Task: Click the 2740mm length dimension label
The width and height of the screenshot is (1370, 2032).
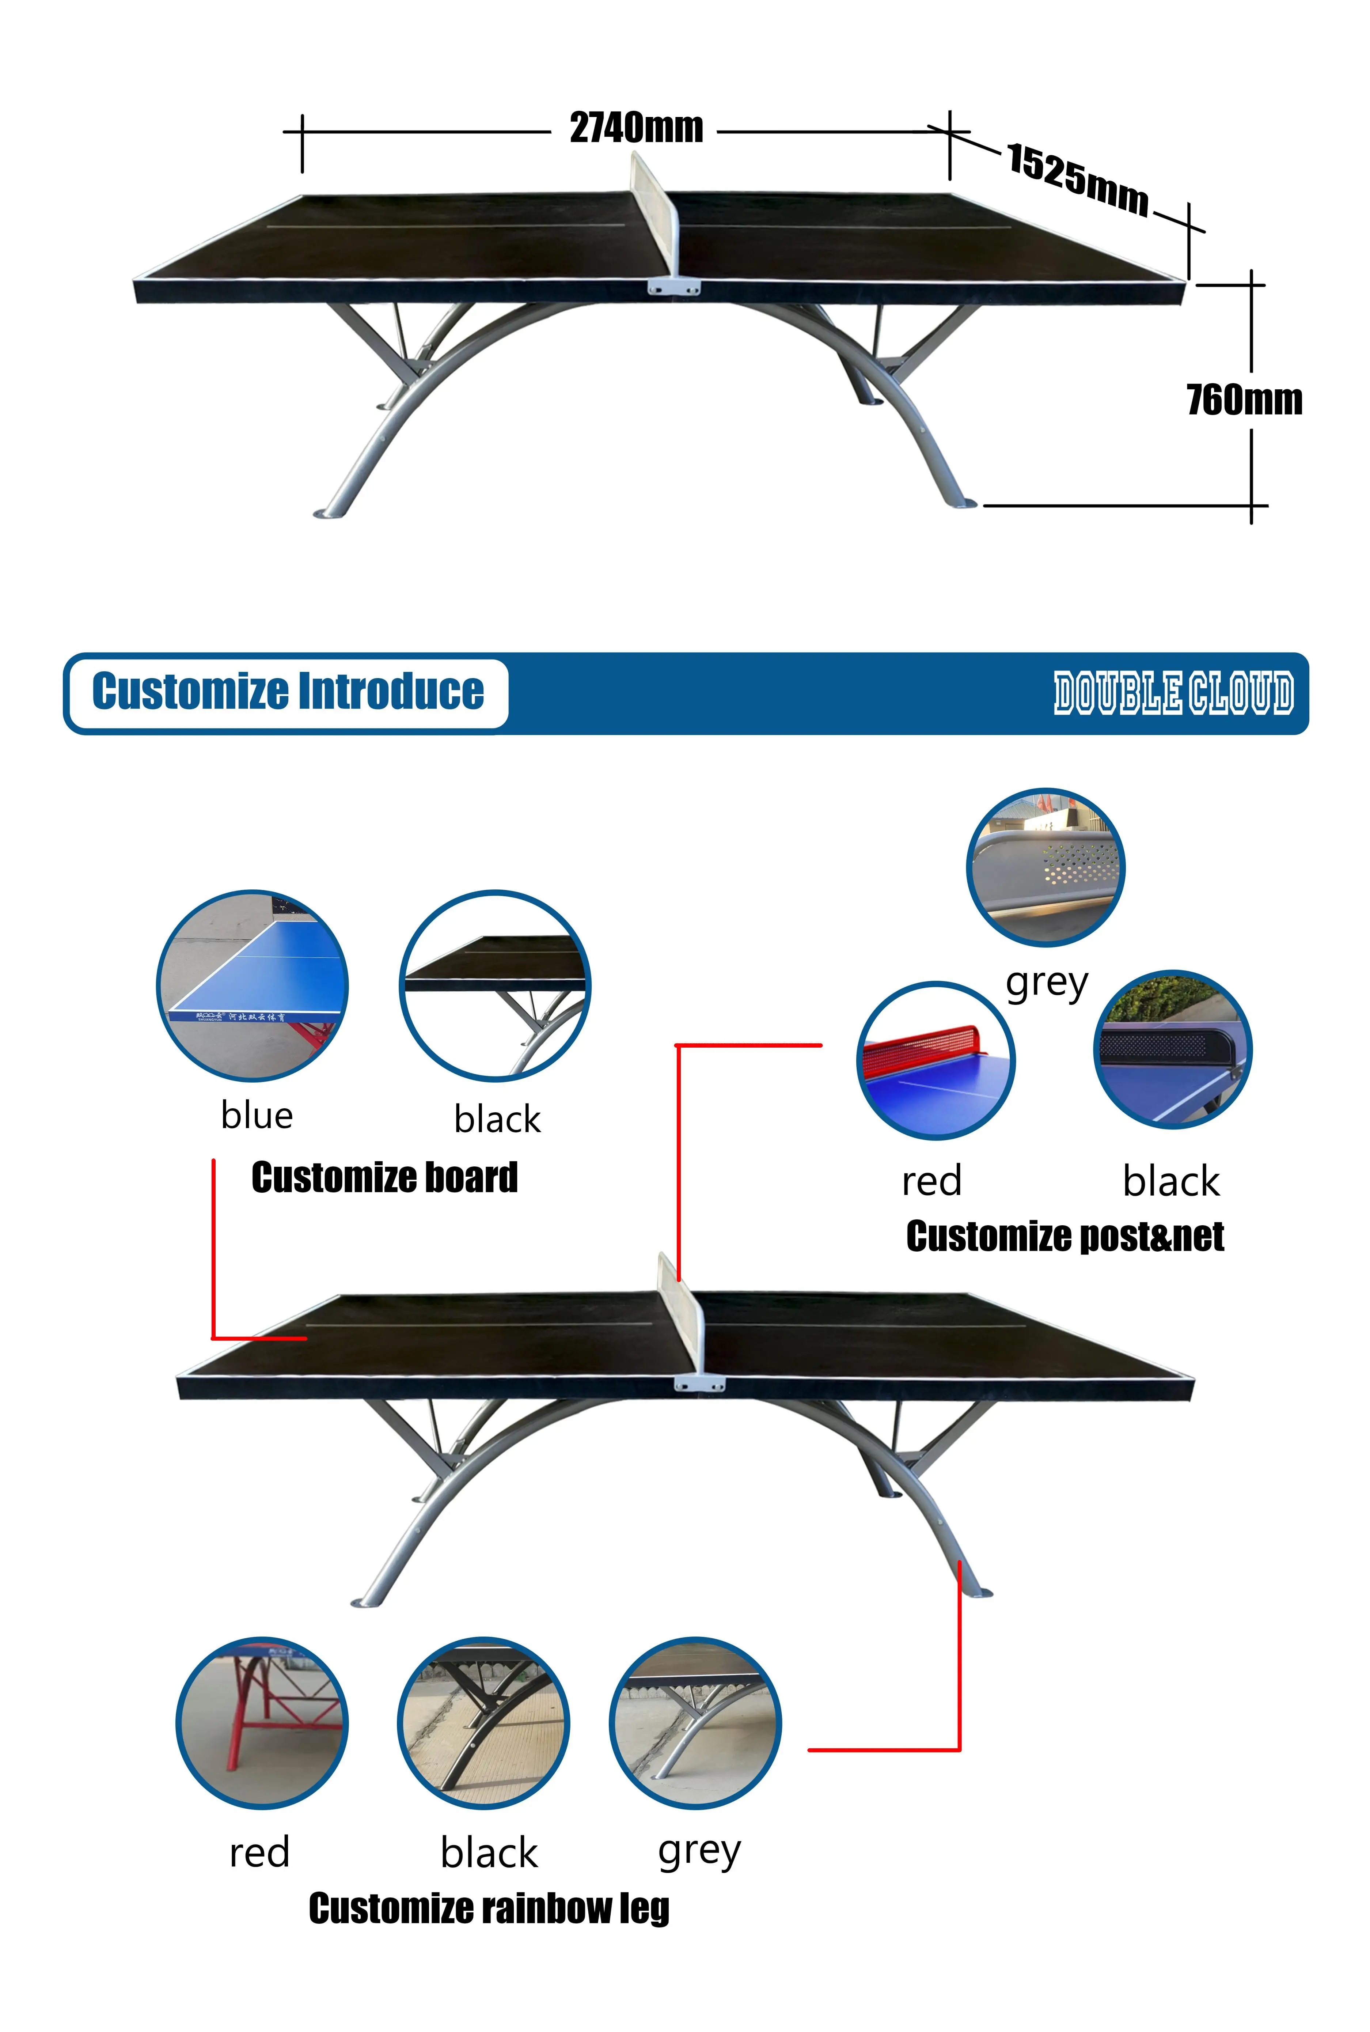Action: point(636,128)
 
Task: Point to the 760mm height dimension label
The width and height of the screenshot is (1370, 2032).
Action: point(1244,400)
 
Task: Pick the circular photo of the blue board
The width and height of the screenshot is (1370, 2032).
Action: point(253,986)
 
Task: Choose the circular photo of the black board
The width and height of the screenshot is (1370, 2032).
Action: point(494,986)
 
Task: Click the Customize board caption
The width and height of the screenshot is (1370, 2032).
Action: point(384,1177)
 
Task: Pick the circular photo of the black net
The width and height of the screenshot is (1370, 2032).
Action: point(1173,1049)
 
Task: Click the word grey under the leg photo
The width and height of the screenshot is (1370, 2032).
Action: point(699,1851)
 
